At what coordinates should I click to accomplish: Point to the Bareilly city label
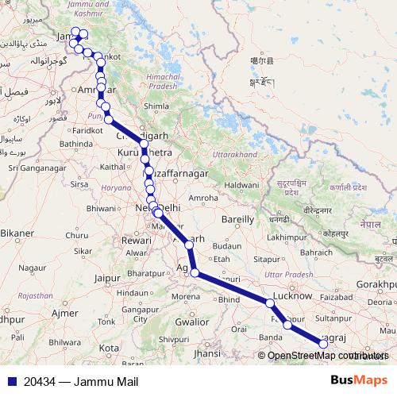tap(237, 218)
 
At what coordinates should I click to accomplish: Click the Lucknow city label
tap(292, 295)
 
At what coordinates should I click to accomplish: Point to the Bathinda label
tap(75, 144)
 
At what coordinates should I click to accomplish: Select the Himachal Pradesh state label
tap(159, 81)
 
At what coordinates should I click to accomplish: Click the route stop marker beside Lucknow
tap(271, 304)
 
